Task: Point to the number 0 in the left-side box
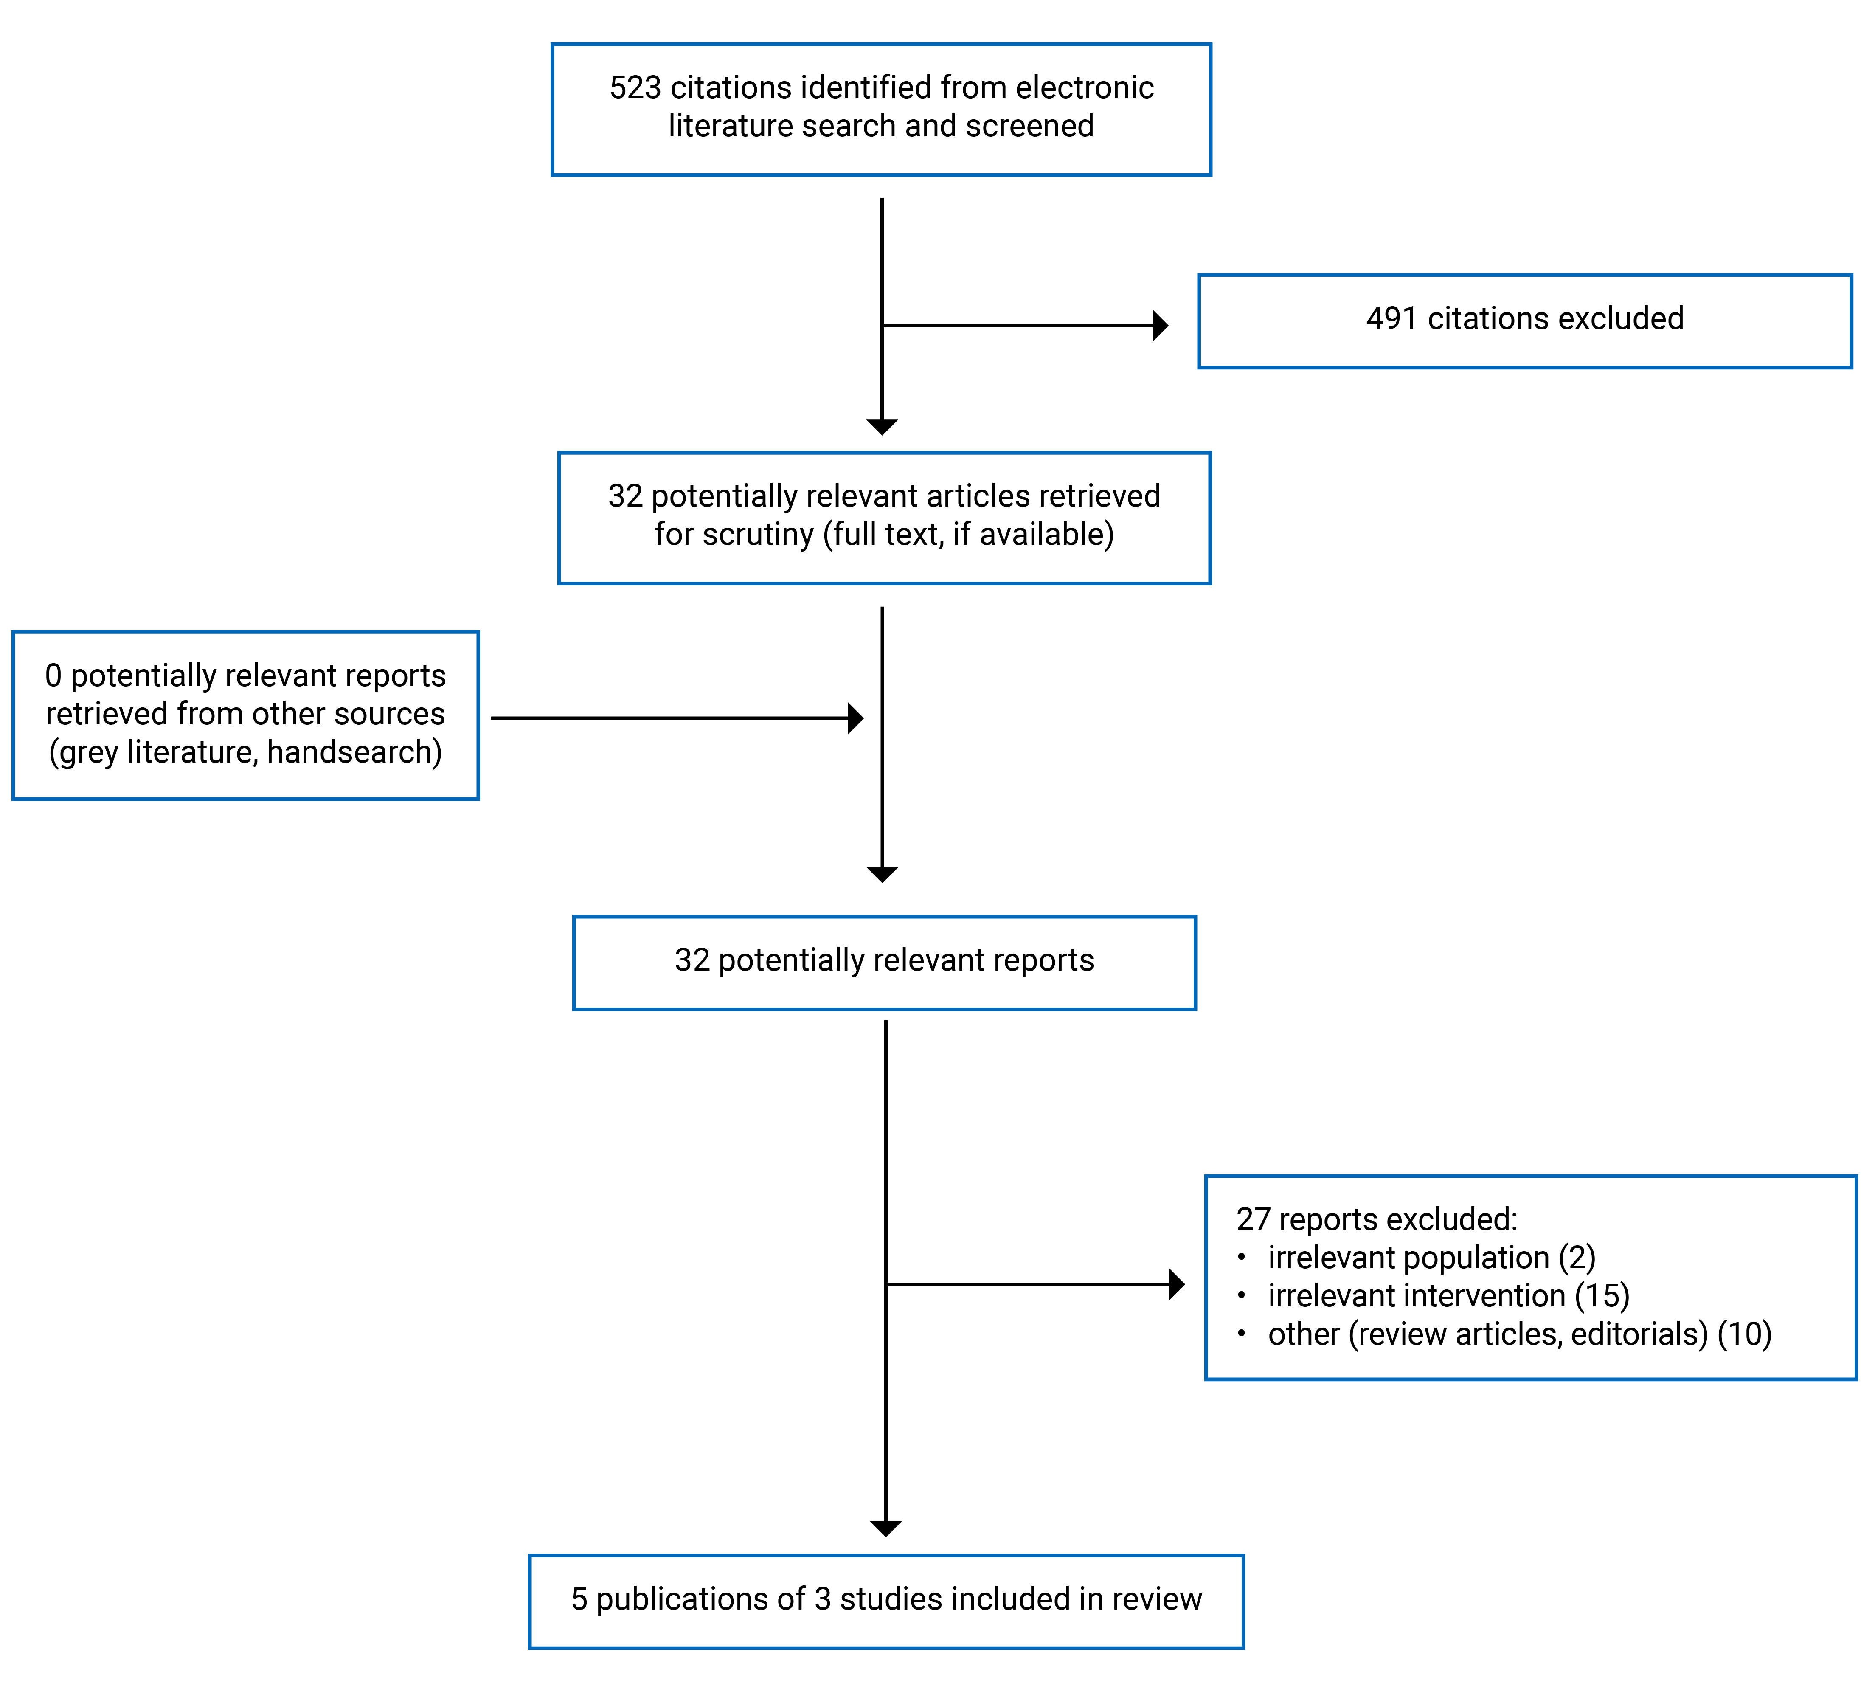click(x=53, y=675)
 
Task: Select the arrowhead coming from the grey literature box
click(x=856, y=718)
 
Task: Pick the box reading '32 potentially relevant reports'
click(x=883, y=962)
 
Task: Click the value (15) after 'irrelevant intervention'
click(x=1602, y=1296)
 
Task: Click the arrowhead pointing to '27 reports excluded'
click(x=1177, y=1284)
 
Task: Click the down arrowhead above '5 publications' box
click(x=885, y=1528)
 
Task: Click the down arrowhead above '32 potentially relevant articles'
click(x=882, y=427)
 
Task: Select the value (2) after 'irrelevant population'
click(x=1577, y=1258)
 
